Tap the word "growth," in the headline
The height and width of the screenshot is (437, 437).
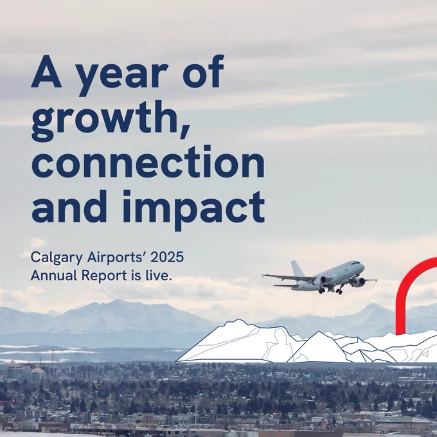[111, 120]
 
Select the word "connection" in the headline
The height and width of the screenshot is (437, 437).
[148, 162]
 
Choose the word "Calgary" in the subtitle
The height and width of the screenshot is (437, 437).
[57, 258]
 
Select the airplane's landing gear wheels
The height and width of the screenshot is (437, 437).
[331, 290]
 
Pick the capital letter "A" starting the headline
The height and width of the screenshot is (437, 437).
[46, 71]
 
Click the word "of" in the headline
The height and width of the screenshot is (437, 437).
[203, 71]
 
